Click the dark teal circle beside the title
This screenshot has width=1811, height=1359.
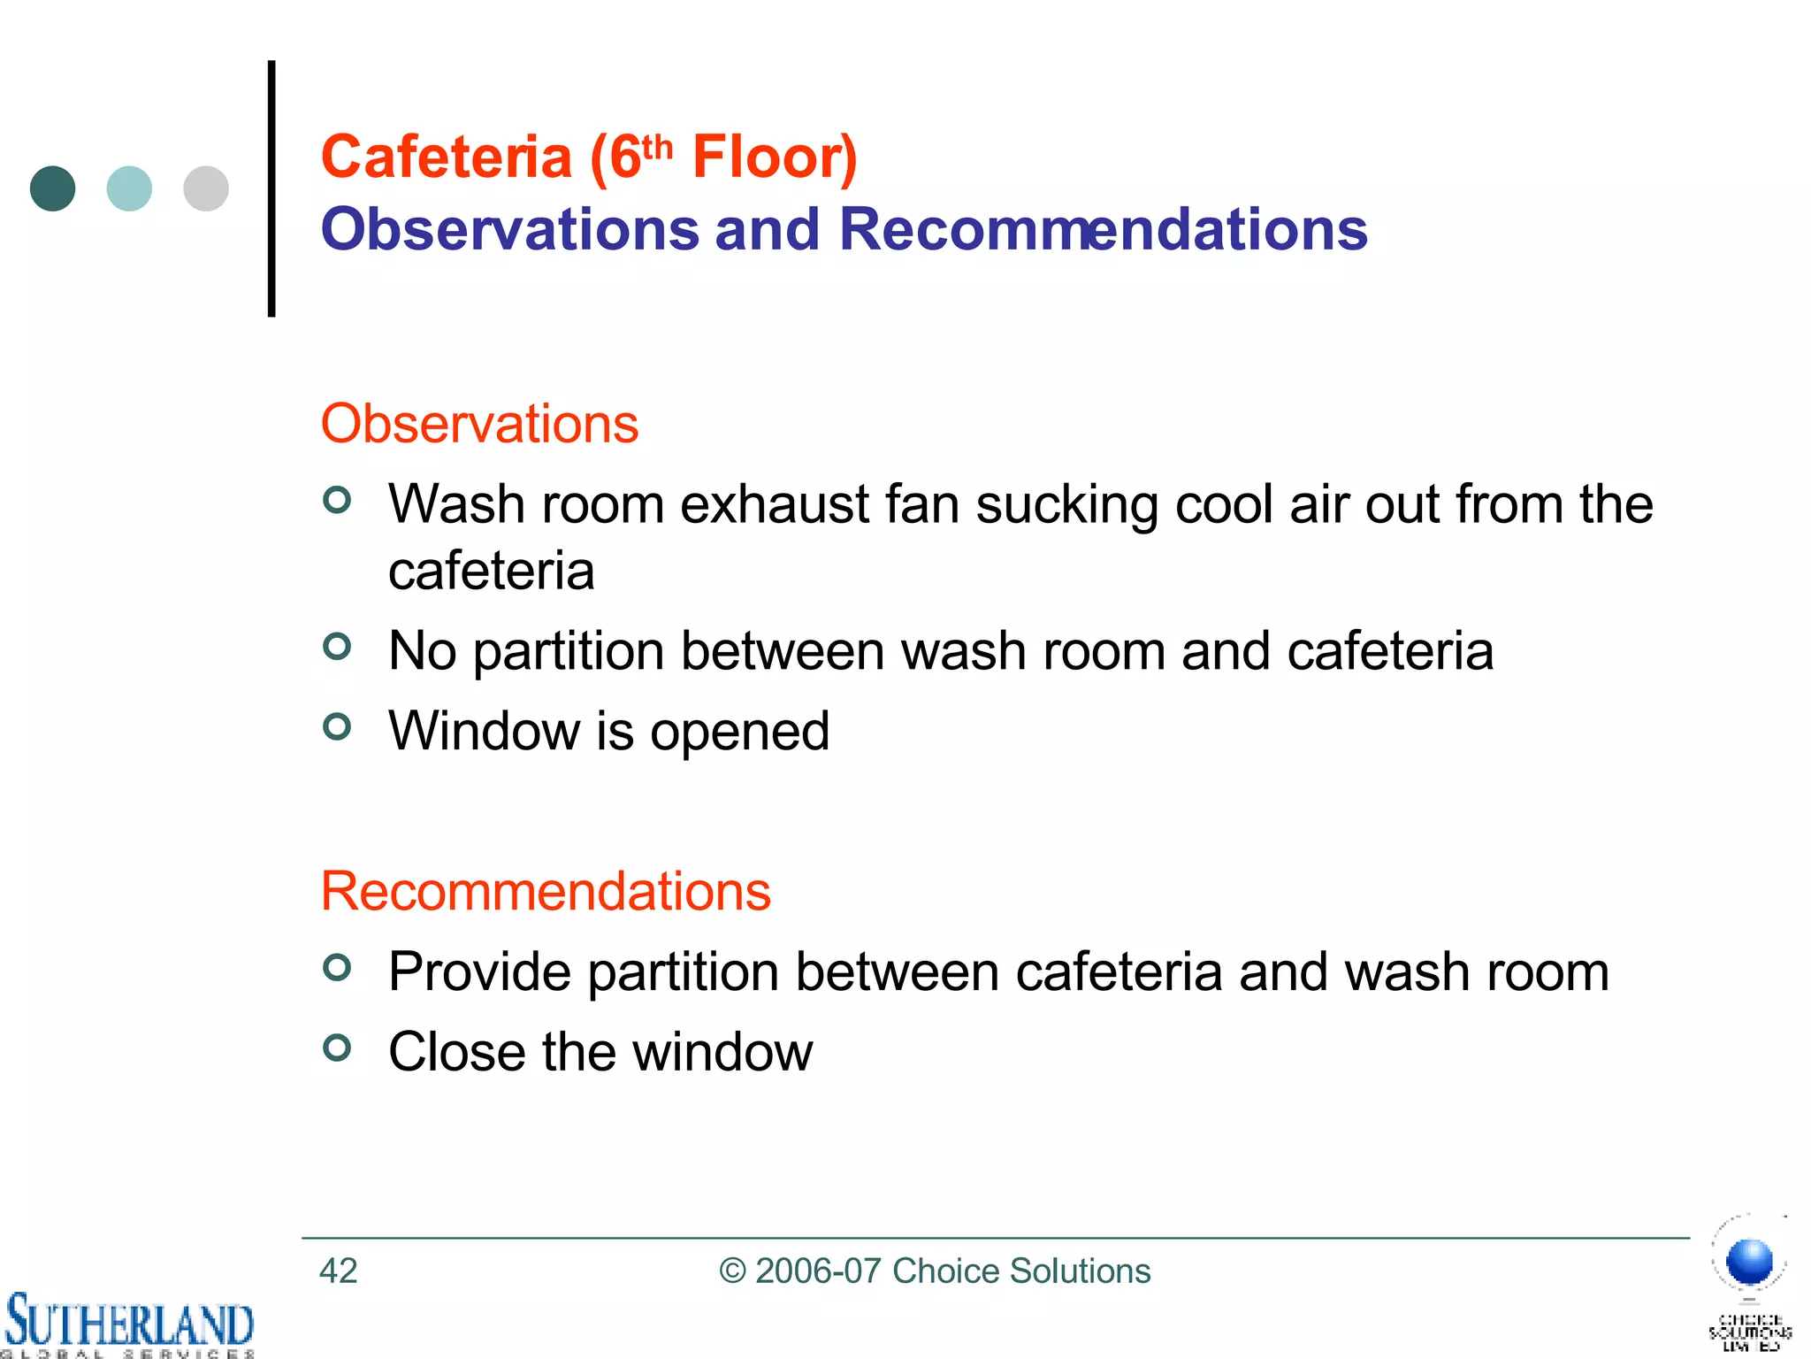pyautogui.click(x=52, y=188)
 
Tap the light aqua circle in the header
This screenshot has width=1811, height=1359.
pyautogui.click(x=129, y=188)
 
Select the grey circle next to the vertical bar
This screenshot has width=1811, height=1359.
pyautogui.click(x=206, y=188)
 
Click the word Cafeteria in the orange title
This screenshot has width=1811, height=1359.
pyautogui.click(x=447, y=157)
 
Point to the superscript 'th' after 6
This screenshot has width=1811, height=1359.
pyautogui.click(x=657, y=147)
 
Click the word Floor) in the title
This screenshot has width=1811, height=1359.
pyautogui.click(x=775, y=157)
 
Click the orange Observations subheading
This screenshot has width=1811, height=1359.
pyautogui.click(x=479, y=424)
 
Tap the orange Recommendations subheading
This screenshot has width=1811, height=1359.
pyautogui.click(x=546, y=891)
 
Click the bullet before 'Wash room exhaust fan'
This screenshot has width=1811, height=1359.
pyautogui.click(x=337, y=501)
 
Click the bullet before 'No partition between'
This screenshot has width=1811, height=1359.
pyautogui.click(x=337, y=647)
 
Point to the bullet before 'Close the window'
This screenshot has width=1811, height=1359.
pyautogui.click(x=337, y=1048)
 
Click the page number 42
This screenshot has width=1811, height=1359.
pyautogui.click(x=338, y=1271)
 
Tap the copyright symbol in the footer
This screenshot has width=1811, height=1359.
pyautogui.click(x=732, y=1271)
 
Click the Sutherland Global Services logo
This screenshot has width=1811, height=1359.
pyautogui.click(x=128, y=1324)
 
